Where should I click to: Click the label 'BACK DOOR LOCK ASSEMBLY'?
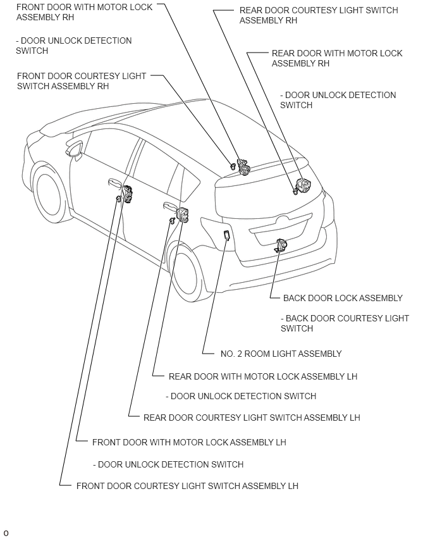pyautogui.click(x=343, y=298)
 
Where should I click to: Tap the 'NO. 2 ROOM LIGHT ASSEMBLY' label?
pyautogui.click(x=281, y=354)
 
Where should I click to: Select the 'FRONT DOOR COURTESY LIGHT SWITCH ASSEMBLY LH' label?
pyautogui.click(x=187, y=486)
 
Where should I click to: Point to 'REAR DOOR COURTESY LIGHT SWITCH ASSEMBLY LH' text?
pyautogui.click(x=252, y=418)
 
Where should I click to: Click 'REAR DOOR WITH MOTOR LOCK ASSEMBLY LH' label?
pyautogui.click(x=263, y=376)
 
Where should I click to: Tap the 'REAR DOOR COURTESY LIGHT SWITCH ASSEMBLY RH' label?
pyautogui.click(x=319, y=15)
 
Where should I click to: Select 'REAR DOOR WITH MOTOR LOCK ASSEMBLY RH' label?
pyautogui.click(x=337, y=58)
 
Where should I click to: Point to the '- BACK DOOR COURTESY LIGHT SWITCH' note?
pyautogui.click(x=345, y=323)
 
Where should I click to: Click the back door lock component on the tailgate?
pyautogui.click(x=281, y=245)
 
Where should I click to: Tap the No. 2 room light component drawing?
pyautogui.click(x=226, y=237)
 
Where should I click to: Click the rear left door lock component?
pyautogui.click(x=183, y=214)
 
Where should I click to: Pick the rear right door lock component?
pyautogui.click(x=303, y=186)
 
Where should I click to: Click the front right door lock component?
pyautogui.click(x=243, y=167)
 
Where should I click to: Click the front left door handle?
pyautogui.click(x=114, y=183)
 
